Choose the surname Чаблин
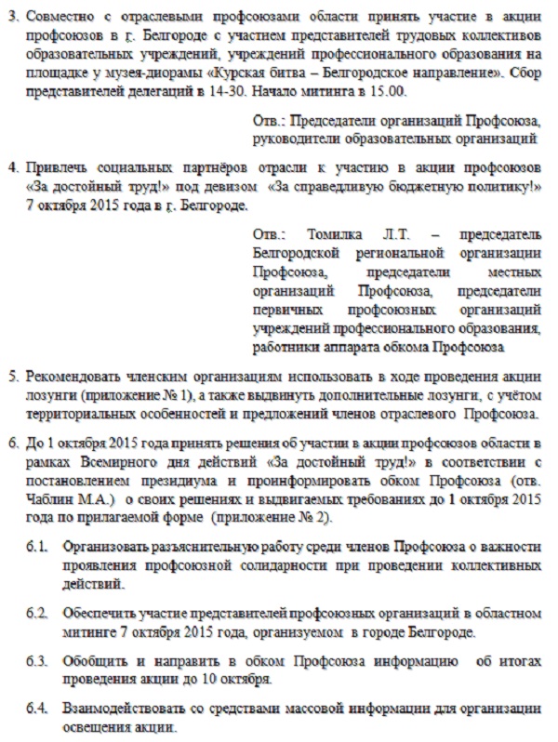coord(49,501)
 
